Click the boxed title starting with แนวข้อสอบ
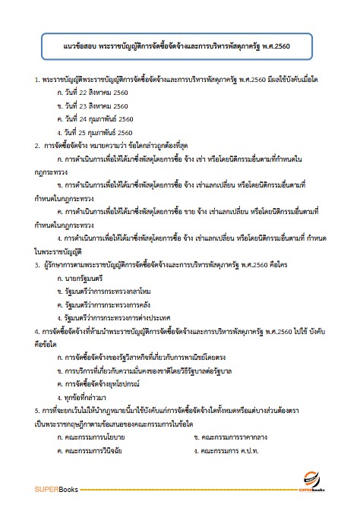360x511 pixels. point(180,45)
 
